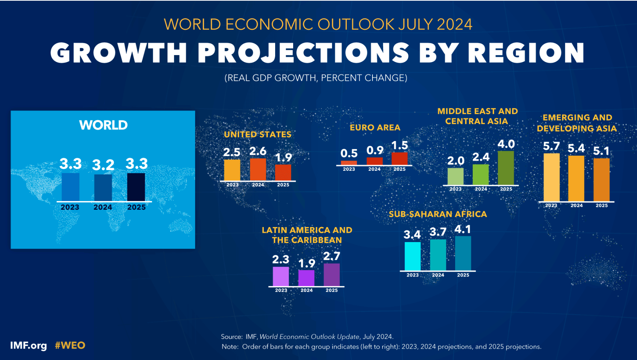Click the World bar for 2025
click(136, 187)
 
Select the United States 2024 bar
click(258, 169)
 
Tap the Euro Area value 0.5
click(349, 153)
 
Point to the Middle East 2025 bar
click(506, 168)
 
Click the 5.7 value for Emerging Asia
click(551, 146)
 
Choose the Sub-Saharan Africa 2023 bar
click(413, 256)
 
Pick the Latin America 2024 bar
click(306, 278)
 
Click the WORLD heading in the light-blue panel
click(103, 125)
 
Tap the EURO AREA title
click(375, 127)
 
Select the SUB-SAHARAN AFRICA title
click(438, 214)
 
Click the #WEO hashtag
click(70, 345)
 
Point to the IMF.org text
click(28, 346)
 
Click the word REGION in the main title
click(526, 53)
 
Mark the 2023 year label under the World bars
click(70, 207)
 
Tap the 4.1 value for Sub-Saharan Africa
click(463, 230)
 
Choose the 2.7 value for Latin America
click(332, 256)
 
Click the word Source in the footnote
click(231, 337)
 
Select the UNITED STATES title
click(258, 134)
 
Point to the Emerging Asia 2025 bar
click(601, 180)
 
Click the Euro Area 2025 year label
click(399, 169)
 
